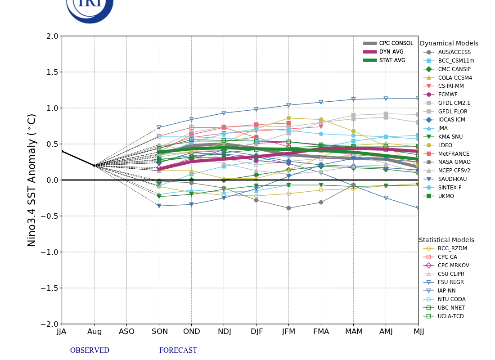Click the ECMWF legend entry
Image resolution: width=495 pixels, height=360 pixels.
tap(447, 94)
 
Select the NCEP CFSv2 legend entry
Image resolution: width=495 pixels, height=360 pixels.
tap(454, 171)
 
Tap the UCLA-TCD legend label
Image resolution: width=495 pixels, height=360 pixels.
tap(451, 316)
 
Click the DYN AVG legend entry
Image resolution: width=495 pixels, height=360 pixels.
tap(391, 52)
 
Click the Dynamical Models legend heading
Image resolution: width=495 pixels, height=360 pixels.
tap(449, 44)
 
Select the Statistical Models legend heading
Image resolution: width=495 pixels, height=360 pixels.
tap(446, 240)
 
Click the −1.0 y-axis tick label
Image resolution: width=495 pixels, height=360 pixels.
tap(49, 252)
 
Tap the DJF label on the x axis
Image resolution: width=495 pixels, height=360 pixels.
tap(256, 332)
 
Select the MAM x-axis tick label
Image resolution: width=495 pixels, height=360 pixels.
tap(354, 332)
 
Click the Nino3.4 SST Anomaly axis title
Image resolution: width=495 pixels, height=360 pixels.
tap(32, 180)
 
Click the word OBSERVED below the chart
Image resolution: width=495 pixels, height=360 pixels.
tap(90, 351)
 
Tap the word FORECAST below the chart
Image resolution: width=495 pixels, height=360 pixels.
tap(178, 351)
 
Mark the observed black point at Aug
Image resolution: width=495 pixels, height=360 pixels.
tap(94, 166)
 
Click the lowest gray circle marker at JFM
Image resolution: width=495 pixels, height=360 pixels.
tap(288, 208)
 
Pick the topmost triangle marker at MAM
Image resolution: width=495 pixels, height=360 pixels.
tap(353, 99)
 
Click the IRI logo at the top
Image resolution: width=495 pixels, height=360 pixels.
tap(90, 7)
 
